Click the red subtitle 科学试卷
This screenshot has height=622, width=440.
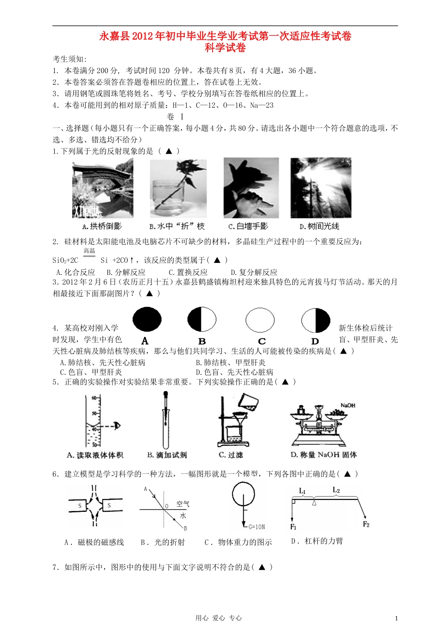tap(225, 48)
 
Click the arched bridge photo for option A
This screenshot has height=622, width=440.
tap(103, 188)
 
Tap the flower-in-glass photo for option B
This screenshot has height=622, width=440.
tap(178, 188)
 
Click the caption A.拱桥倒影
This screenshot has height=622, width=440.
tap(102, 226)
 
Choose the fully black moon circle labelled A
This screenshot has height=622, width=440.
tap(147, 320)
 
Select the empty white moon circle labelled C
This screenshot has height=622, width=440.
tap(260, 320)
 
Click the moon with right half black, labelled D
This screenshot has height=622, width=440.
tap(315, 320)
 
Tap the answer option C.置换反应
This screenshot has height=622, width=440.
tap(188, 272)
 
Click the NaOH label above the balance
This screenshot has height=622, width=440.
tap(348, 405)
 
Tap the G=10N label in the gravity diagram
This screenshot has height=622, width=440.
tap(257, 527)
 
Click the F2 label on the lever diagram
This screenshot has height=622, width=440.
tap(366, 524)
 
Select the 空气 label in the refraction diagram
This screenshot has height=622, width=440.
tap(182, 504)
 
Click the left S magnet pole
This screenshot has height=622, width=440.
tap(80, 506)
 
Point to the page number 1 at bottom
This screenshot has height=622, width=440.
tap(396, 617)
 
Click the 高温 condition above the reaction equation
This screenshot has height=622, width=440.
tap(89, 251)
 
